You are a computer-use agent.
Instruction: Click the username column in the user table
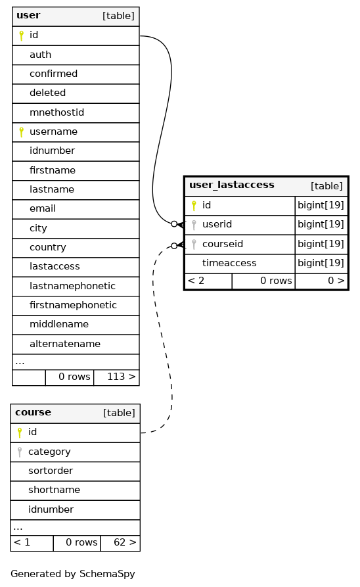point(53,131)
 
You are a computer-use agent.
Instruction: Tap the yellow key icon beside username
point(21,131)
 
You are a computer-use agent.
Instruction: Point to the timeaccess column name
point(229,263)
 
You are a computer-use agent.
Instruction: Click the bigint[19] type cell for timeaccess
point(321,263)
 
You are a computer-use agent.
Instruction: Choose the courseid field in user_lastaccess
point(223,244)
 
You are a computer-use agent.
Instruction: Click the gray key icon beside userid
point(194,225)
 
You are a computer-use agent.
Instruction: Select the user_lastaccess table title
point(232,185)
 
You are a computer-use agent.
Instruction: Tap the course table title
point(33,412)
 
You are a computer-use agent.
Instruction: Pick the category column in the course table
point(49,452)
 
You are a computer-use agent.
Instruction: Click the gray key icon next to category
point(20,452)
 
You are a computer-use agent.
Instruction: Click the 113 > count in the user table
point(122,377)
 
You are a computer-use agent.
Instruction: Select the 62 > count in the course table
point(125,542)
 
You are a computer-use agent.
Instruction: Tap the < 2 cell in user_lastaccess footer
point(196,281)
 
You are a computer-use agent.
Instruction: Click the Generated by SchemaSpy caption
point(73,574)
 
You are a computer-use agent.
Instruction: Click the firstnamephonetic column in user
point(73,305)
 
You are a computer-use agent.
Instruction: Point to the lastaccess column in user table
point(55,266)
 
